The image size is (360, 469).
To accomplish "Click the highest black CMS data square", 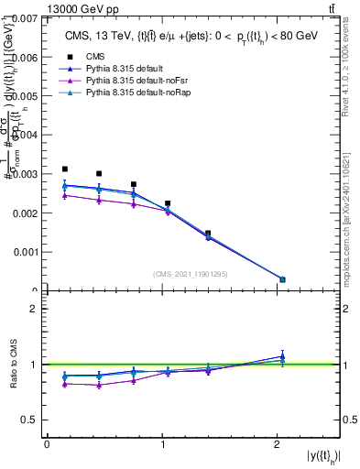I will coord(64,169).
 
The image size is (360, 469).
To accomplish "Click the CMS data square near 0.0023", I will coord(168,203).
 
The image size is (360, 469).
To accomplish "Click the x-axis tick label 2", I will coord(277,444).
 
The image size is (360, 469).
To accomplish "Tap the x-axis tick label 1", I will coord(161,444).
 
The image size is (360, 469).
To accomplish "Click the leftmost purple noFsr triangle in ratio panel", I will coord(64,385).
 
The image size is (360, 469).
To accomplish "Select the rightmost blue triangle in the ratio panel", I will coord(282,356).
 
